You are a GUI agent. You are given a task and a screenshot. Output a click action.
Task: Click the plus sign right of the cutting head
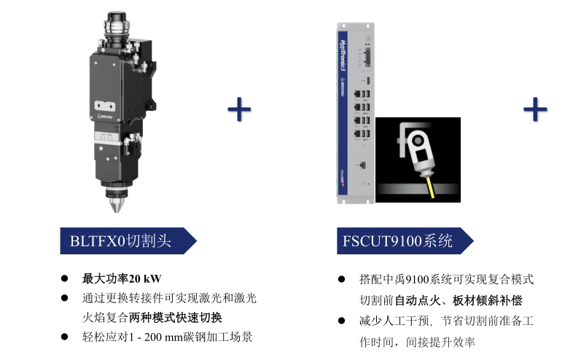(239, 109)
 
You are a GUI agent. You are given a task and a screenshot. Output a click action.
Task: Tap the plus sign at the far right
(535, 109)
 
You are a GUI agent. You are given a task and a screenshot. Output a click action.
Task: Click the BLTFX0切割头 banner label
(128, 240)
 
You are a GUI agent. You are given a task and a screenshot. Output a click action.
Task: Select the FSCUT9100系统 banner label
(405, 240)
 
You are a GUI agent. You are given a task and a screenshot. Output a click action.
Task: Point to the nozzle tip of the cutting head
(117, 210)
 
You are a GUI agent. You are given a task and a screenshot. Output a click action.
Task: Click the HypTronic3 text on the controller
(343, 55)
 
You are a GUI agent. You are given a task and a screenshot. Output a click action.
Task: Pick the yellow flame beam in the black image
(432, 188)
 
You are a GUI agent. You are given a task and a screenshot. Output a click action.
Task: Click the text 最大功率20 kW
(122, 278)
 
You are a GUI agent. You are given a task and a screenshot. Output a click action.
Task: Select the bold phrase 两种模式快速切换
(175, 318)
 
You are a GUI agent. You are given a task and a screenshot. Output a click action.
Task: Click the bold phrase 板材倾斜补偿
(487, 300)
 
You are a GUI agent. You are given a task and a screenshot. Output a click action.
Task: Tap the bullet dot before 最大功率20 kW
(64, 278)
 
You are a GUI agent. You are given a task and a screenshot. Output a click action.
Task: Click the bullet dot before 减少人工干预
(342, 321)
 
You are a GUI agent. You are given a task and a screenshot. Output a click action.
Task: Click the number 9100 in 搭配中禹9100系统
(417, 279)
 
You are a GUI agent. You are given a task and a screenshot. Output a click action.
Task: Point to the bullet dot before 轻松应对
(64, 337)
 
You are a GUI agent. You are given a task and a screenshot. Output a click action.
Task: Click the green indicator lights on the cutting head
(106, 137)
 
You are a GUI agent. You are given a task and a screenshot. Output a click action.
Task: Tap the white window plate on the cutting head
(105, 106)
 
